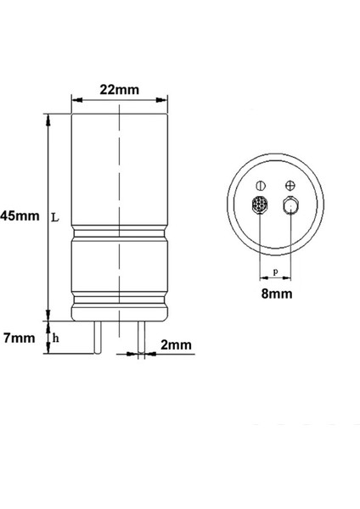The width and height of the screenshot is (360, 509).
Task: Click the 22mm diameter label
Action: (x=119, y=89)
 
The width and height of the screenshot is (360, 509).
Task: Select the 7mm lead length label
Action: (x=18, y=338)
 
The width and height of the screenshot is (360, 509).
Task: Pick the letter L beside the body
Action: (x=55, y=217)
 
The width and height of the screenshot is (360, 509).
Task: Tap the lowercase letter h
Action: (x=56, y=338)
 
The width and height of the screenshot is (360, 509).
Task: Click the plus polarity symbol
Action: (x=290, y=185)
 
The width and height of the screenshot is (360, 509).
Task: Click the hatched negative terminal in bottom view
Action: (x=261, y=206)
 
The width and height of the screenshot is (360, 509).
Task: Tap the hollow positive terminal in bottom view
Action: (x=290, y=206)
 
